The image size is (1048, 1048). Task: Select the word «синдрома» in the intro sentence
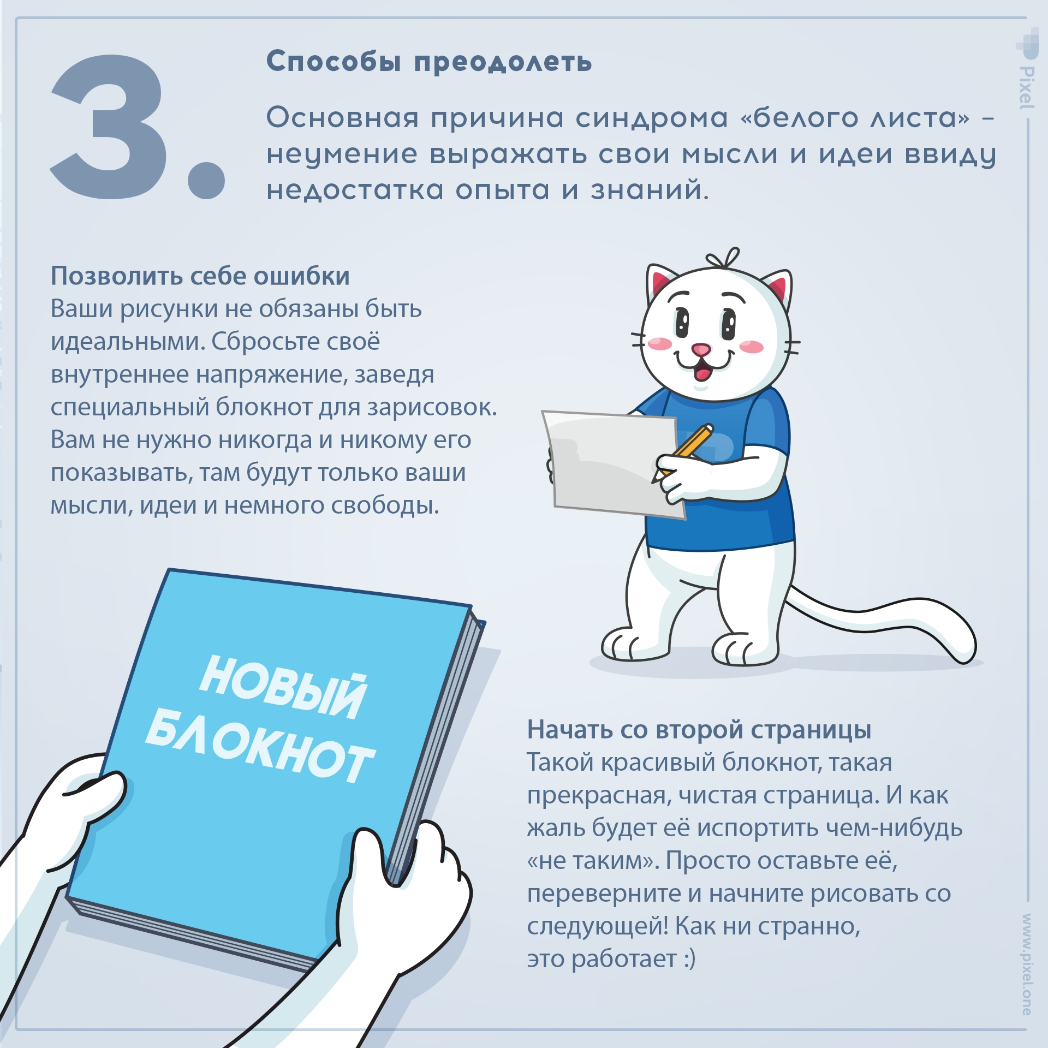[652, 118]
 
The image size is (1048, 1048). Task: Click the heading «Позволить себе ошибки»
[200, 276]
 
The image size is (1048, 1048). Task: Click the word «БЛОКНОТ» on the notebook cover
[260, 745]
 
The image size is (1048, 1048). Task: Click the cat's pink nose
[701, 349]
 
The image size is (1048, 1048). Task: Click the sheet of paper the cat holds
[606, 464]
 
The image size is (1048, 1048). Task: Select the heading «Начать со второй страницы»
[699, 730]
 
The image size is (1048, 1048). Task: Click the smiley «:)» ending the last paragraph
[689, 959]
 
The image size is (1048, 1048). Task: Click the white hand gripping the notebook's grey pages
[415, 895]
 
